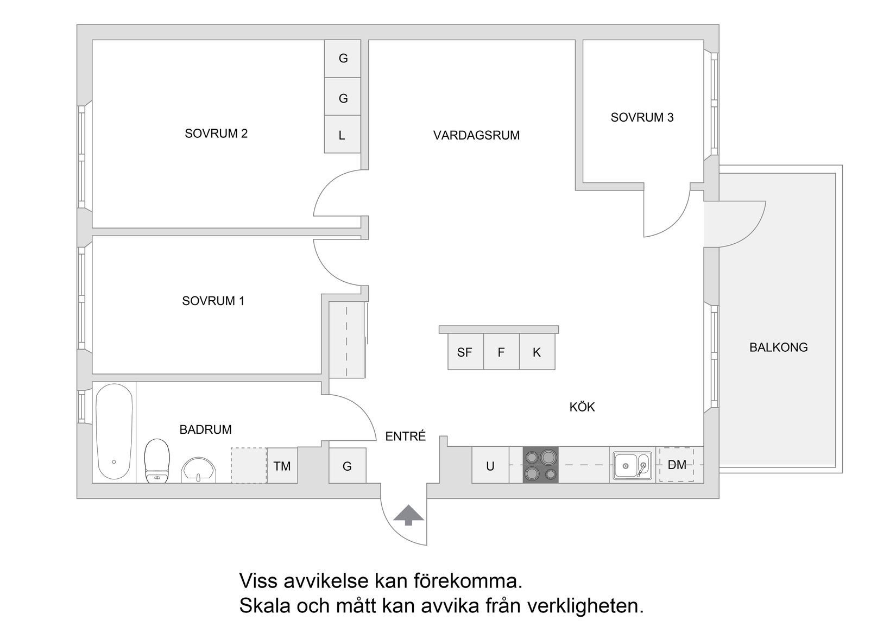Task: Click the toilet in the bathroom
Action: click(157, 461)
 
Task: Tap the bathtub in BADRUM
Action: click(114, 432)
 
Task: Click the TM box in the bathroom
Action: click(282, 466)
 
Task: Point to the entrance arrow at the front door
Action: click(408, 516)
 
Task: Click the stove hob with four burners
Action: click(540, 465)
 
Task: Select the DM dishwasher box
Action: click(677, 465)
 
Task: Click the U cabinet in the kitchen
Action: click(490, 465)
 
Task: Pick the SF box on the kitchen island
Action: click(465, 352)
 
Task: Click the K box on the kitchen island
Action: click(537, 352)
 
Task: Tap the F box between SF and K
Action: click(501, 352)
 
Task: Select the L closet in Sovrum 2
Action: click(342, 135)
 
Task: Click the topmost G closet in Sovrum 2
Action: click(343, 58)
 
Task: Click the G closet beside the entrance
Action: click(347, 466)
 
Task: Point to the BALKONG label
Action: click(778, 347)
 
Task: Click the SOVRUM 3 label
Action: click(642, 117)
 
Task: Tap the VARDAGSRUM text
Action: click(476, 135)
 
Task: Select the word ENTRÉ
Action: click(405, 436)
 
